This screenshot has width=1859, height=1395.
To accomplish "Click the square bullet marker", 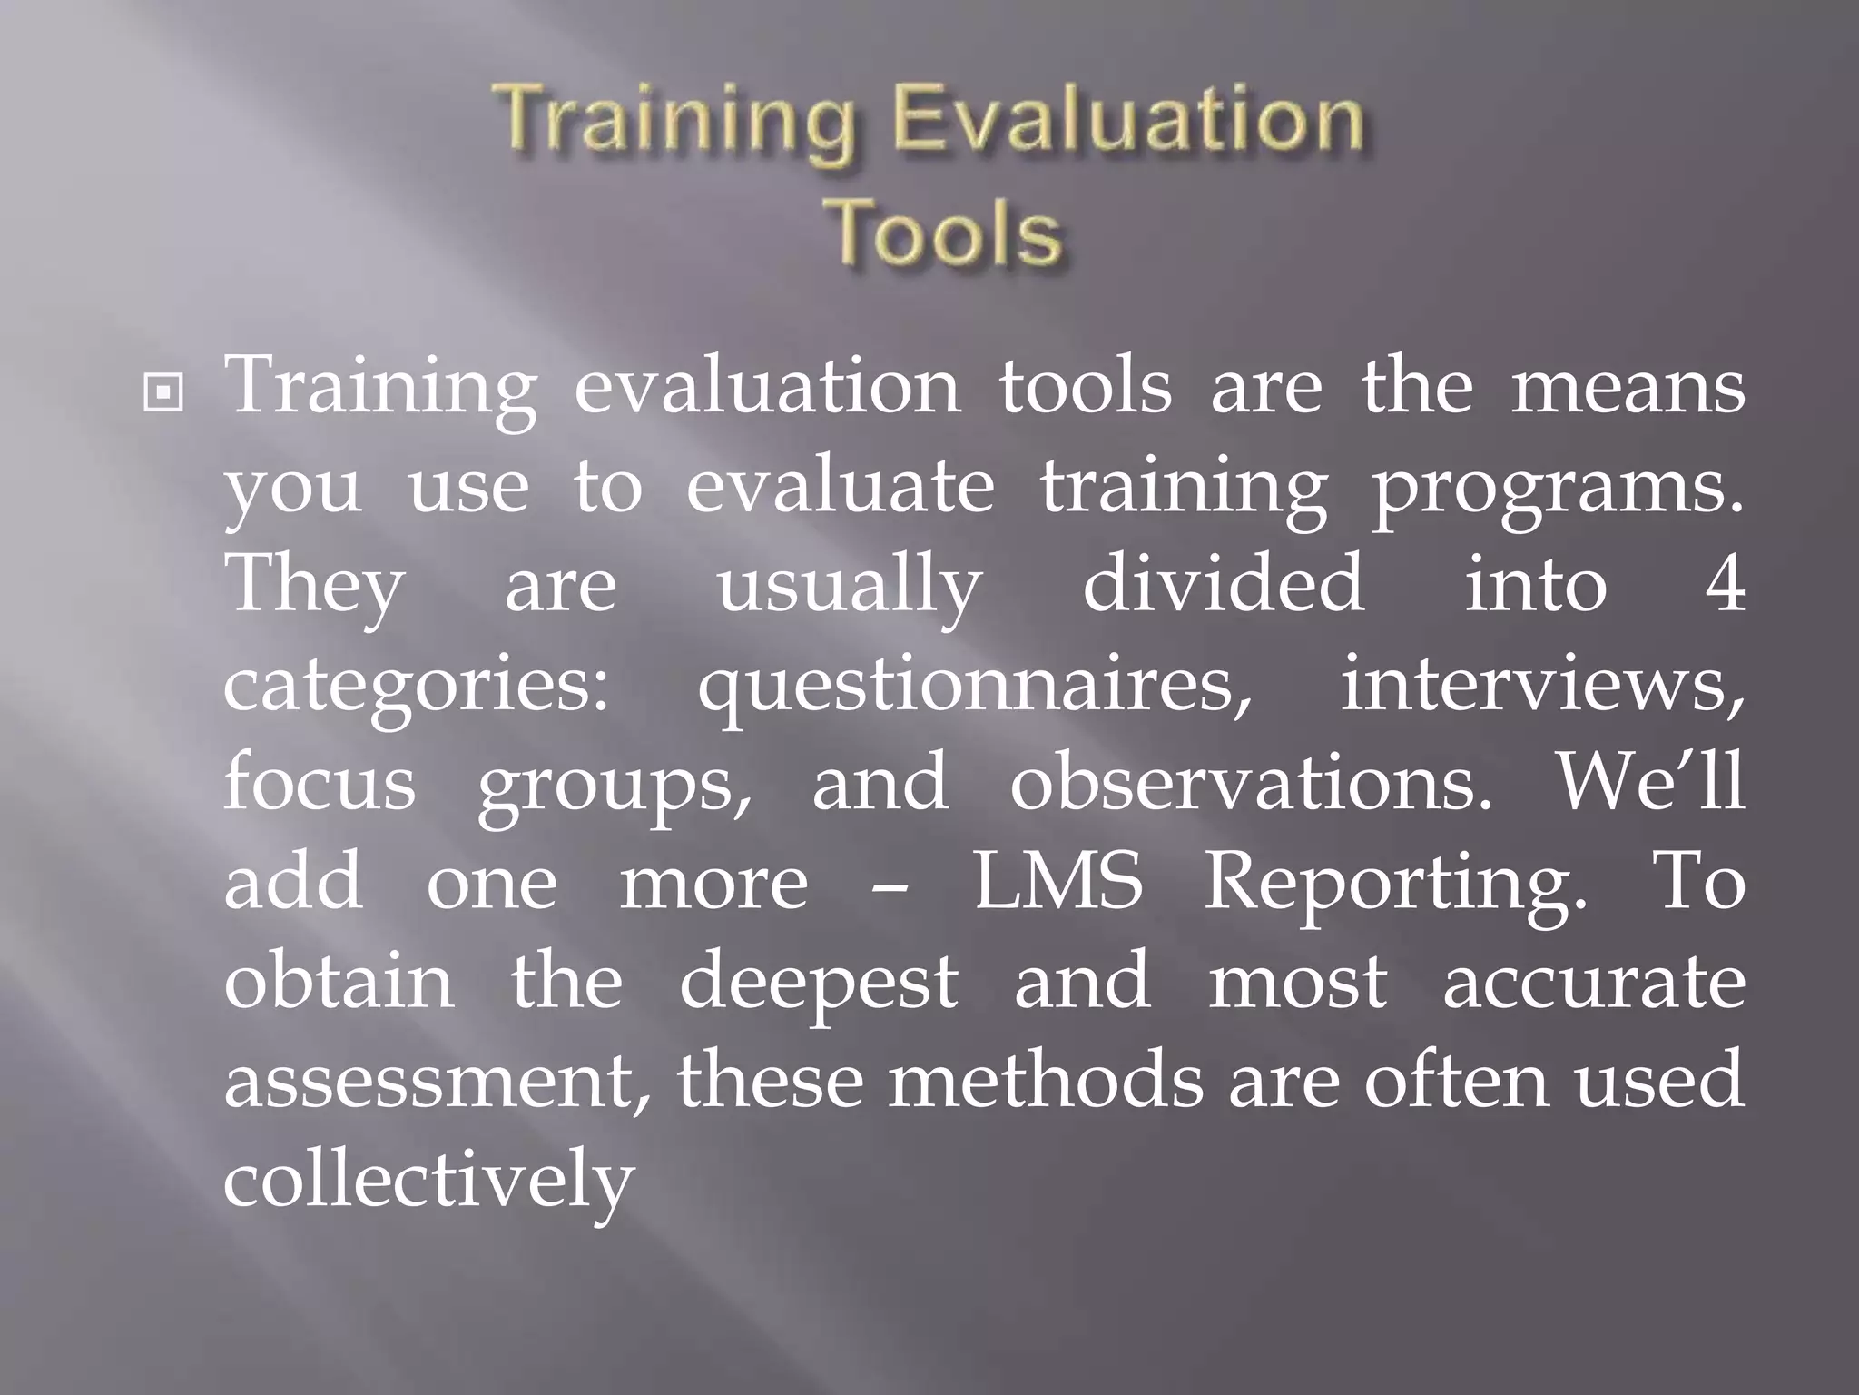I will (163, 392).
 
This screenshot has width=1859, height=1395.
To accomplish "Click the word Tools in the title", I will (947, 232).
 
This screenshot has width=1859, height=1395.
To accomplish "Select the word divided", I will (1224, 584).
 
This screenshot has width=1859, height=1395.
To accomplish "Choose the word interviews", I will (1541, 684).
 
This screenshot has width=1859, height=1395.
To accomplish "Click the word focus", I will (320, 783).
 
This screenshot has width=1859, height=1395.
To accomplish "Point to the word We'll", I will (1650, 781).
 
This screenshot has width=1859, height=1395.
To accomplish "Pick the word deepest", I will (818, 984).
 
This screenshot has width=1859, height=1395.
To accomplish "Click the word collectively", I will (428, 1181).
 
